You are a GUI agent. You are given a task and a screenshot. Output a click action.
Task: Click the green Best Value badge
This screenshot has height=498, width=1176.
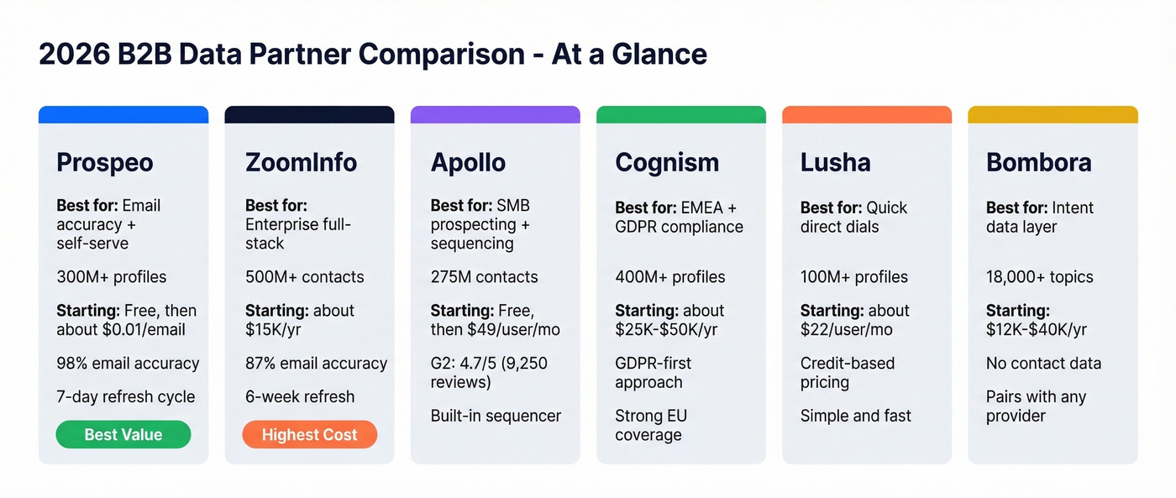(123, 434)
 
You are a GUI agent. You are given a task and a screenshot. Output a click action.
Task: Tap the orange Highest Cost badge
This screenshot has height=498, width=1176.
(309, 434)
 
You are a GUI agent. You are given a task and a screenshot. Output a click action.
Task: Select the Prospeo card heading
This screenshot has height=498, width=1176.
(105, 162)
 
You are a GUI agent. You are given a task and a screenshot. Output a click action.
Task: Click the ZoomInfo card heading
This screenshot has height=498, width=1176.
(301, 162)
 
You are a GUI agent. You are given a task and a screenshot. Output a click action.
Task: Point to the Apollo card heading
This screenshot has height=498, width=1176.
(468, 162)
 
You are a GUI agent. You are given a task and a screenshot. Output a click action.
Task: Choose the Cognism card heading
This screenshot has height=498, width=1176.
(667, 162)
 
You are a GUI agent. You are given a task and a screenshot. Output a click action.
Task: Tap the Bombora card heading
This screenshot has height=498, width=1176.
(1038, 162)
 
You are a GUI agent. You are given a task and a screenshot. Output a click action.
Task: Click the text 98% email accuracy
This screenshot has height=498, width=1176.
(128, 364)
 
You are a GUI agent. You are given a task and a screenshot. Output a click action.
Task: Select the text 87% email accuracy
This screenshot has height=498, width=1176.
(316, 364)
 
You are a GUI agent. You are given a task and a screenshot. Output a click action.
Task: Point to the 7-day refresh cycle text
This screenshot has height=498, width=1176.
(125, 397)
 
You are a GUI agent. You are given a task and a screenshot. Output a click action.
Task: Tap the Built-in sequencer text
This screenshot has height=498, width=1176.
(496, 416)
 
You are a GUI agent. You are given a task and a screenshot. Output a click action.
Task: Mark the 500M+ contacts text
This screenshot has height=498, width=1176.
(304, 277)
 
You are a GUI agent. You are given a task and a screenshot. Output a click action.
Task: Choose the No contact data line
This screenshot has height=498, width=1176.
(1043, 364)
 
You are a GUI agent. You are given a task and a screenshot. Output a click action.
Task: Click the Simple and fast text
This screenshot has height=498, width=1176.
(855, 416)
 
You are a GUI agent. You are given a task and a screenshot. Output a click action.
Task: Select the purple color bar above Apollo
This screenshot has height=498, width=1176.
(495, 115)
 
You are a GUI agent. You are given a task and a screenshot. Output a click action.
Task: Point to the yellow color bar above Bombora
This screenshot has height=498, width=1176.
(1053, 115)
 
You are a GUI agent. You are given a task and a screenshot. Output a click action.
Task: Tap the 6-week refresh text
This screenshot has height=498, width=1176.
(300, 397)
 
